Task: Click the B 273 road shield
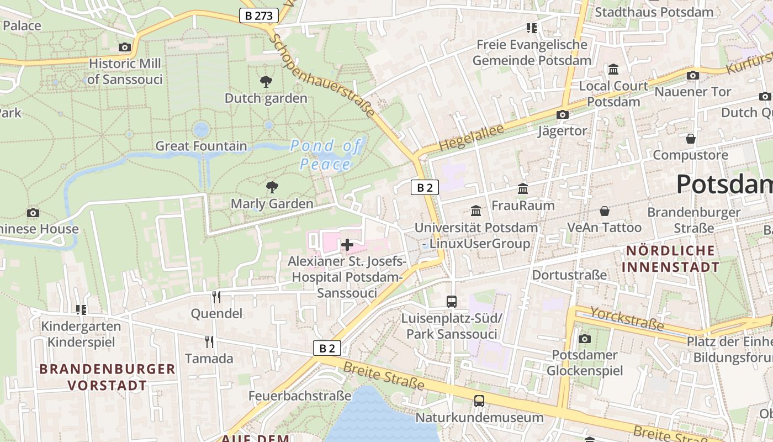click(x=258, y=15)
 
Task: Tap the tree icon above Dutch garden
click(x=266, y=82)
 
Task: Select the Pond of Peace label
click(x=326, y=155)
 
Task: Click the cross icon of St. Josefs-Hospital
click(x=347, y=244)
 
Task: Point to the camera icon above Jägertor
click(x=563, y=114)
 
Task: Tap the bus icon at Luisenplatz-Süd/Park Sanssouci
click(x=452, y=301)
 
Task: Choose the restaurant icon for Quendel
click(x=216, y=297)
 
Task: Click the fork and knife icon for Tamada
click(x=209, y=341)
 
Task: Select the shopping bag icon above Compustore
click(x=690, y=138)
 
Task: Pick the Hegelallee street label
click(x=472, y=138)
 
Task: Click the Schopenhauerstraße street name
click(x=324, y=77)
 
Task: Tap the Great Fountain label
click(x=201, y=146)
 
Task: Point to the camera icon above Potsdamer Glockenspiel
click(x=585, y=338)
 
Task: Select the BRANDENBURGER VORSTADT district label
click(x=107, y=377)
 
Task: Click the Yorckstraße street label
click(x=627, y=319)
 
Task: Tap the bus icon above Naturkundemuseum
click(x=479, y=401)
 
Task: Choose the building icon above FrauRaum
click(x=523, y=189)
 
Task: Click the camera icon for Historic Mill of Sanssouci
click(x=125, y=47)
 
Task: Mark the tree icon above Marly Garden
click(x=272, y=187)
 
